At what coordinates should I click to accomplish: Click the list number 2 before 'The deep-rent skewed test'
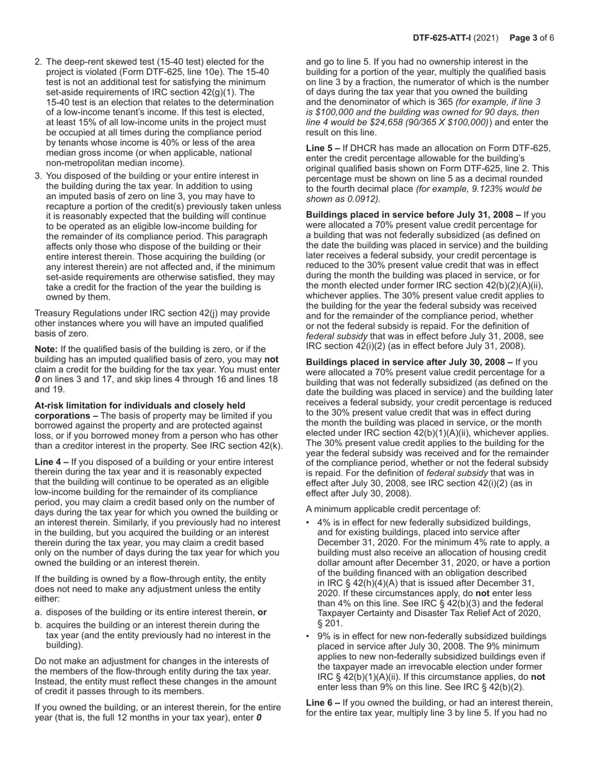pyautogui.click(x=38, y=62)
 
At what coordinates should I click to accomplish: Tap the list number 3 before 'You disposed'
pyautogui.click(x=38, y=176)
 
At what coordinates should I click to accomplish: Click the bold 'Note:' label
pyautogui.click(x=47, y=350)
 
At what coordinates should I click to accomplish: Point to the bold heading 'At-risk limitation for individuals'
pyautogui.click(x=140, y=406)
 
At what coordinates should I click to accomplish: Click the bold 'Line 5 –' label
pyautogui.click(x=323, y=148)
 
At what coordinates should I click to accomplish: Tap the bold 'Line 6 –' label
pyautogui.click(x=323, y=703)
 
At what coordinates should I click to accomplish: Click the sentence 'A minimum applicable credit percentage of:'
pyautogui.click(x=393, y=510)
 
